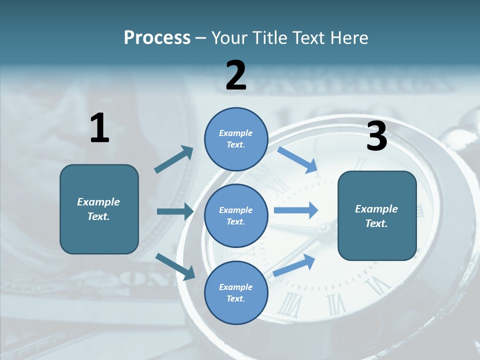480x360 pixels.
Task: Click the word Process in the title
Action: click(x=157, y=38)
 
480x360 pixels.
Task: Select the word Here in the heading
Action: click(x=348, y=38)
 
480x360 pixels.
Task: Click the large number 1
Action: click(x=99, y=128)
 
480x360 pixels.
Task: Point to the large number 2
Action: click(x=236, y=75)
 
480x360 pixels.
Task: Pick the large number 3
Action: click(x=376, y=136)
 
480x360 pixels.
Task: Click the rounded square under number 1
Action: click(x=99, y=209)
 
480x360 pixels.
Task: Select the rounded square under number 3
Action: click(x=377, y=215)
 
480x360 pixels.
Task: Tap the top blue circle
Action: click(x=236, y=139)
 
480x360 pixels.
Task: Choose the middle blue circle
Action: click(x=236, y=215)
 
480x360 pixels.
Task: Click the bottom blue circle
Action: click(x=236, y=292)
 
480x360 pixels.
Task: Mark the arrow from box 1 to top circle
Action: click(x=174, y=159)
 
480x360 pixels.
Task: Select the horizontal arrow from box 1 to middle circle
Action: click(x=175, y=211)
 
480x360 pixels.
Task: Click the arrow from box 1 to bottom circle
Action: click(x=175, y=266)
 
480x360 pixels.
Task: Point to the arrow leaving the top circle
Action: click(x=297, y=159)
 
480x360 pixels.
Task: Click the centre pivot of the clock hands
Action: click(x=324, y=229)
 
